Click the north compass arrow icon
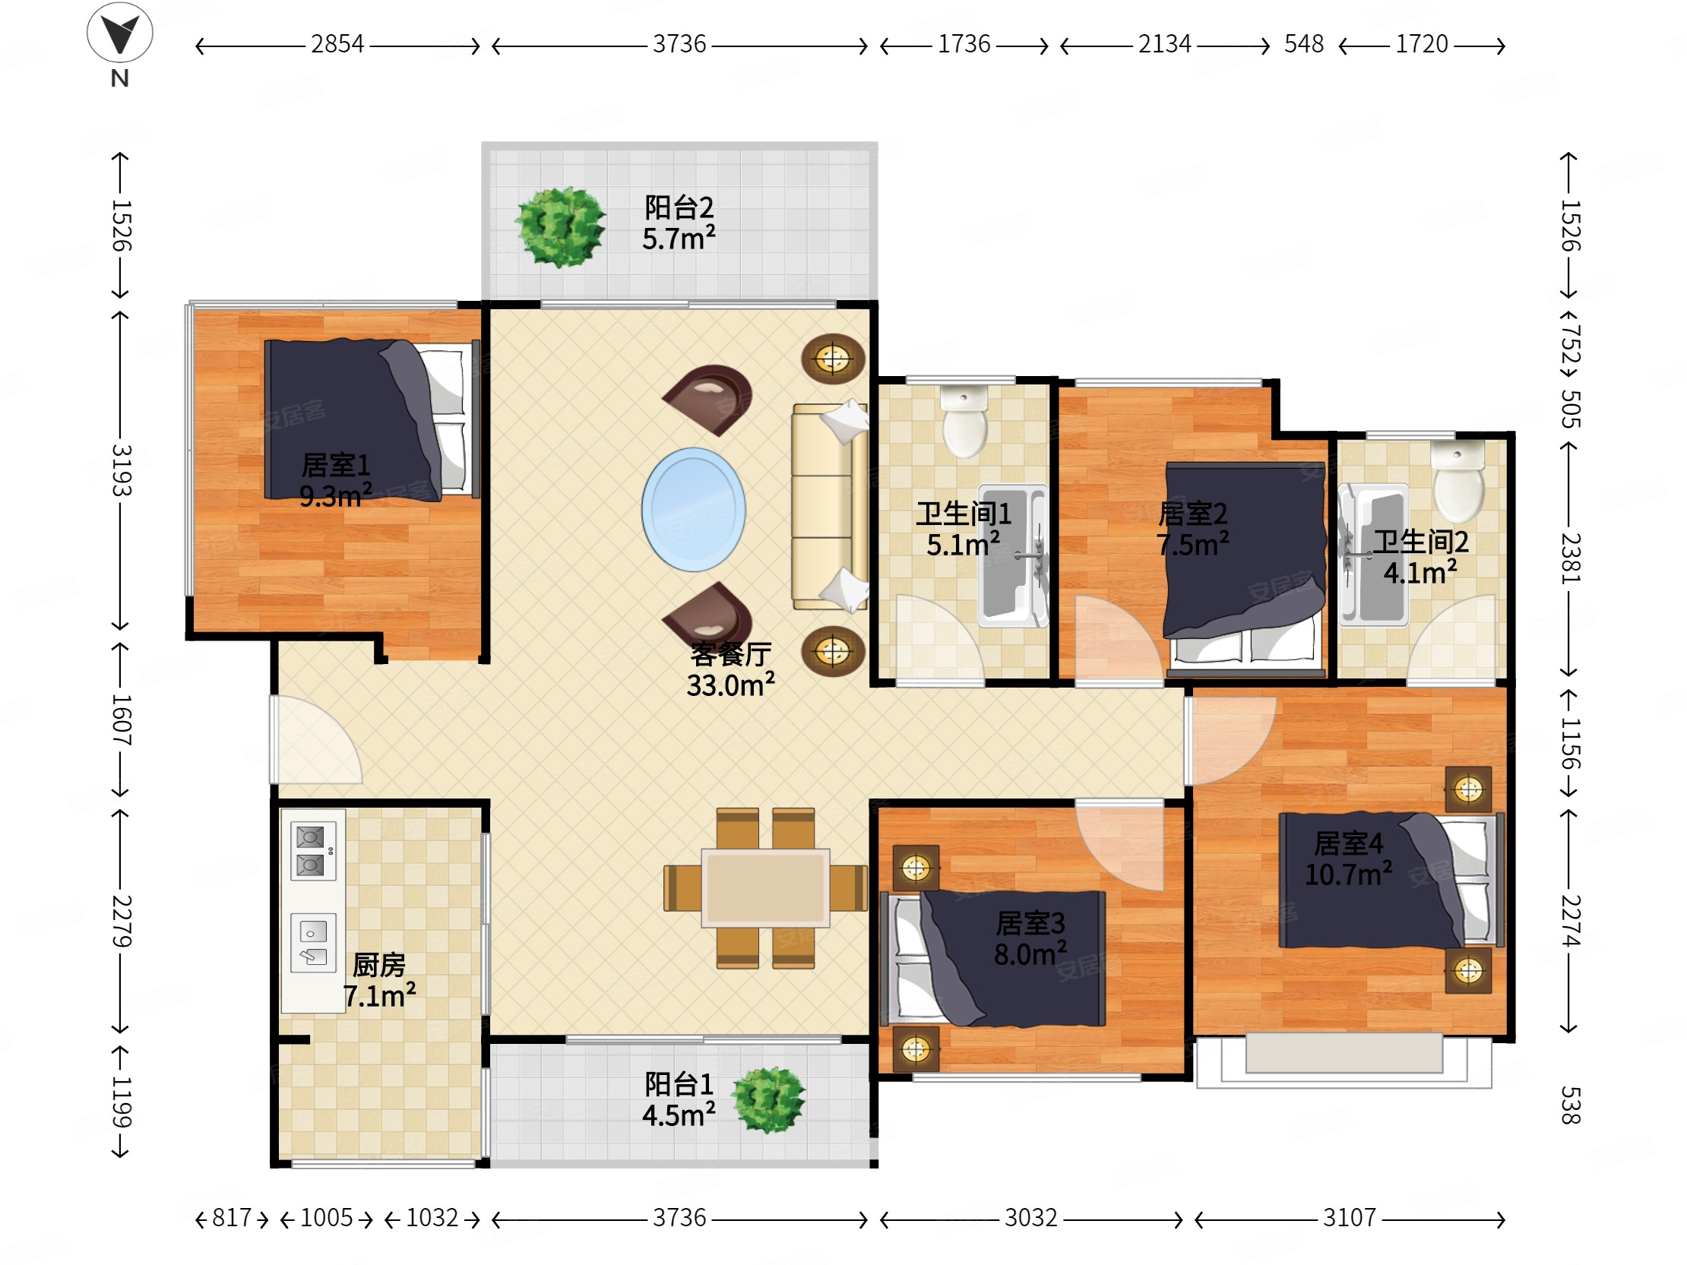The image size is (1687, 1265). coord(120,32)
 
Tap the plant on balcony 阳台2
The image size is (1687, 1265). coord(561,227)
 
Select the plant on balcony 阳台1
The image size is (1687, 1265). coord(768,1099)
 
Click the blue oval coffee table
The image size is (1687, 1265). coord(693,509)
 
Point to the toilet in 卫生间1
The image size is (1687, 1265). coord(965,420)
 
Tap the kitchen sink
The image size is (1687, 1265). coord(312,943)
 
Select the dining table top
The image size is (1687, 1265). coord(765,887)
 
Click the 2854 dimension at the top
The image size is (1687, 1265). coord(337,45)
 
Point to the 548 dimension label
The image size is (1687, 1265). coord(1303,44)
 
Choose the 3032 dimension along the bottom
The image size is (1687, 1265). coord(1030,1218)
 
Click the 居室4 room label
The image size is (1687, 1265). coord(1348,843)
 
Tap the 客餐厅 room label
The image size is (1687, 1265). coord(730,654)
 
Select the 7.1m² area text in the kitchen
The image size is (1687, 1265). coord(379,996)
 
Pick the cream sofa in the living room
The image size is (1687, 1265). coord(829,507)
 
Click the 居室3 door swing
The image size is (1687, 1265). coord(1119,845)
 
